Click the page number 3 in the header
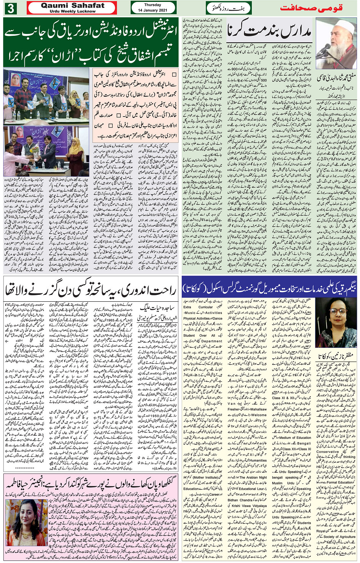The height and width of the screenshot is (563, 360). pos(10,8)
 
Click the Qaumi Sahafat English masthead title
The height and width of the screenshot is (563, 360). pos(72,5)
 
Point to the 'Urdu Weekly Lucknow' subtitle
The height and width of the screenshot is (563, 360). pos(72,11)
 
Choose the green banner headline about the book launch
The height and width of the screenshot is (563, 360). pos(90,42)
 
